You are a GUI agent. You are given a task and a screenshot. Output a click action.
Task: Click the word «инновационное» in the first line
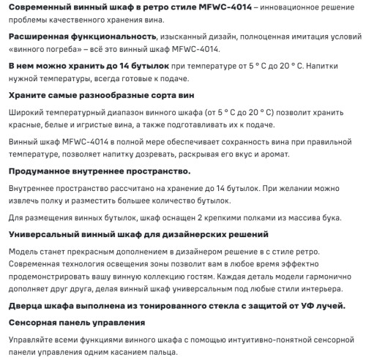pyautogui.click(x=278, y=7)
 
